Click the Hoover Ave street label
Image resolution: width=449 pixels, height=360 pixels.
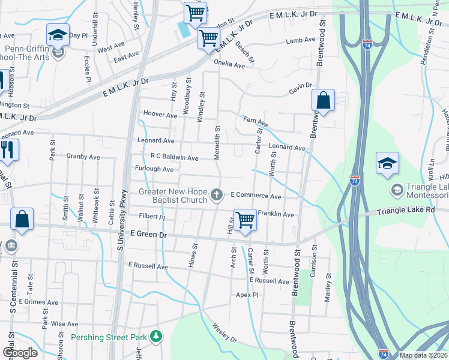(160, 114)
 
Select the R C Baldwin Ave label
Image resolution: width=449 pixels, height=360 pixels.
(174, 157)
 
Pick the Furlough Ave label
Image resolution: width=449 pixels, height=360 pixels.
(154, 169)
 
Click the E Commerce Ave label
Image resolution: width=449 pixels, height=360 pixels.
(256, 196)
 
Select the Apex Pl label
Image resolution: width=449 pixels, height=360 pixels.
(247, 295)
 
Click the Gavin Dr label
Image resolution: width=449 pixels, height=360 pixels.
(301, 88)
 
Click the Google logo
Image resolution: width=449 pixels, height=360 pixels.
(20, 353)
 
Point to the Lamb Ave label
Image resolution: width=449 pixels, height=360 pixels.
(300, 40)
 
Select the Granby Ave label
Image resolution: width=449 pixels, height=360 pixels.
(83, 157)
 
